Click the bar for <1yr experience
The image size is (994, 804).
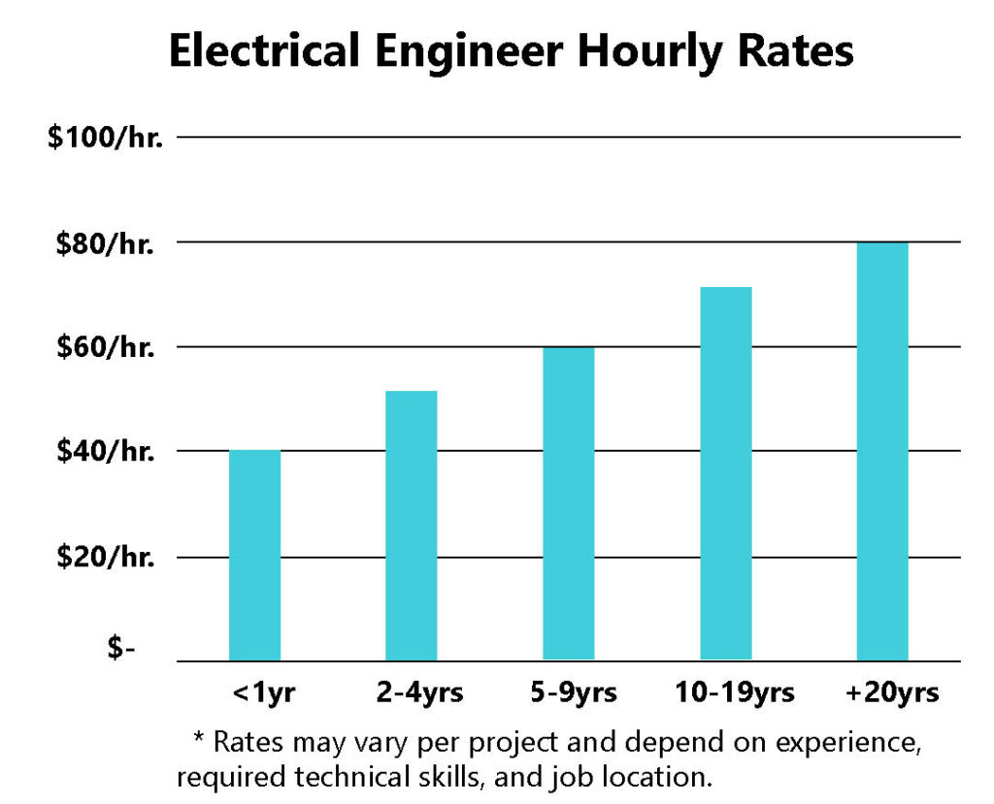(x=254, y=555)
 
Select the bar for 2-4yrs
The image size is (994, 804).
(x=411, y=526)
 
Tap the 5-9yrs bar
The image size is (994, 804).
(x=568, y=503)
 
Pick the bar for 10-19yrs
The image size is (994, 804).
(x=725, y=473)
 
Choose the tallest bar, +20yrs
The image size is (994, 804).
(x=882, y=451)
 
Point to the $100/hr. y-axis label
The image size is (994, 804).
(x=106, y=138)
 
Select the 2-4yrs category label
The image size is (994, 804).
(x=419, y=692)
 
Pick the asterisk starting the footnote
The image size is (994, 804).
(x=199, y=739)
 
